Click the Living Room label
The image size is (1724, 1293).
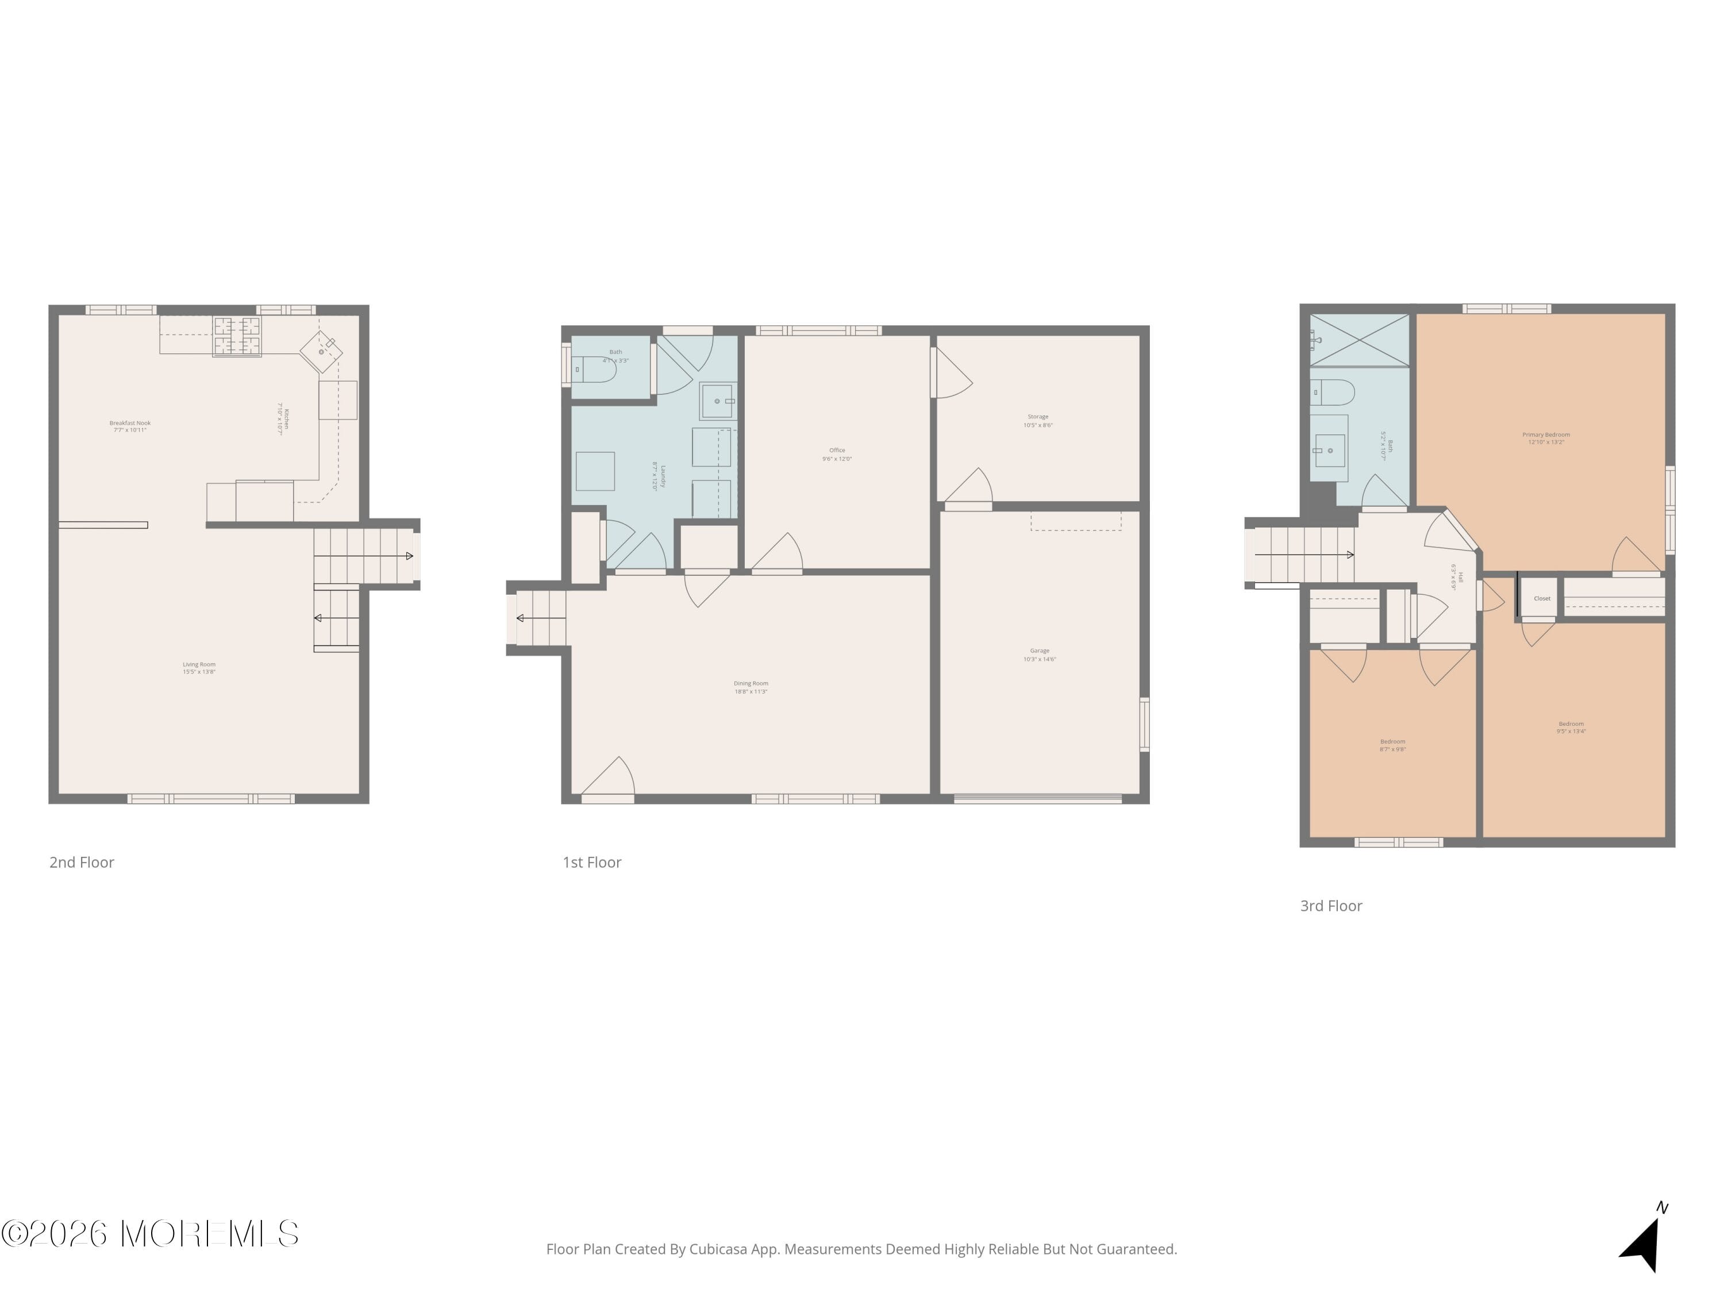(x=199, y=668)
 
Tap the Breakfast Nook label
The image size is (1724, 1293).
(x=129, y=426)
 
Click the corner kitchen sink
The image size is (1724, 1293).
(x=322, y=352)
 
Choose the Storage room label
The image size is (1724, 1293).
(x=1037, y=421)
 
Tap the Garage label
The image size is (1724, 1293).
(x=1039, y=655)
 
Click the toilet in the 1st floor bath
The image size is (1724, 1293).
(x=597, y=370)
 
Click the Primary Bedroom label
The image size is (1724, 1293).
(x=1545, y=438)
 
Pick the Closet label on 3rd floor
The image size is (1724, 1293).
(x=1542, y=599)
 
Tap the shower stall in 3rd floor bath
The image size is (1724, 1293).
(x=1359, y=340)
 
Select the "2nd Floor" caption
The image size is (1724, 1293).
(x=82, y=862)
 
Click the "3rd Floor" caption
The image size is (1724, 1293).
(x=1331, y=906)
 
